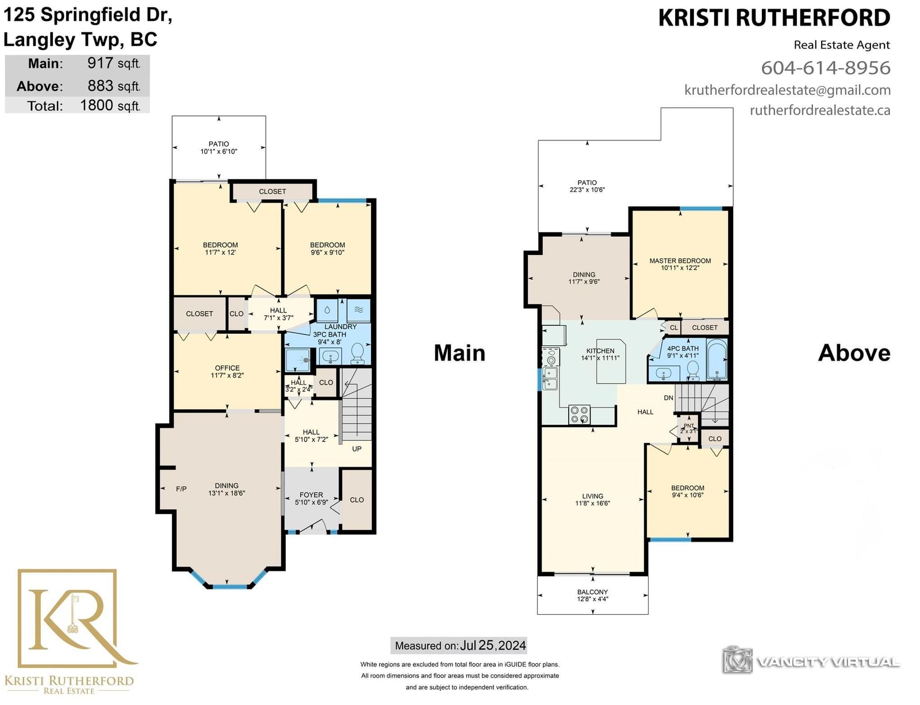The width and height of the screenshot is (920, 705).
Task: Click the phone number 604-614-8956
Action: pyautogui.click(x=826, y=68)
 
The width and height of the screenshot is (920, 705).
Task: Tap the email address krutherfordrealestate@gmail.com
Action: pyautogui.click(x=788, y=90)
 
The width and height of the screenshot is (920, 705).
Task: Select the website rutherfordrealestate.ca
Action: pyautogui.click(x=820, y=110)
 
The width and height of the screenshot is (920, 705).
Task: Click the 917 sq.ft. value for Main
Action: pyautogui.click(x=113, y=63)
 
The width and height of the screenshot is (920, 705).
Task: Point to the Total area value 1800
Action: pyautogui.click(x=97, y=105)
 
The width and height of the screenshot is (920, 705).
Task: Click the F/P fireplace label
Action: pyautogui.click(x=181, y=489)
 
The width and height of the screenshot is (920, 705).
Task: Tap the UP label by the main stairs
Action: pyautogui.click(x=357, y=449)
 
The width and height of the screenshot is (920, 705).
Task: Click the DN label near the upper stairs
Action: pyautogui.click(x=669, y=398)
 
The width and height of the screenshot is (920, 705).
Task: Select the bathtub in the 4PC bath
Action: pyautogui.click(x=717, y=359)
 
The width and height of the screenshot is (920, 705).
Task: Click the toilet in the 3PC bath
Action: pyautogui.click(x=358, y=353)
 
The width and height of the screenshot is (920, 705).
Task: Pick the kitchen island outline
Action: pyautogui.click(x=611, y=361)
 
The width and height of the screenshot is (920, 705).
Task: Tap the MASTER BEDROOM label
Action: pyautogui.click(x=680, y=261)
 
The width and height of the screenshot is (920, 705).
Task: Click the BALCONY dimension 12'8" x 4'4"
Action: pyautogui.click(x=592, y=599)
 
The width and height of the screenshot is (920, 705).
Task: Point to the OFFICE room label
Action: pyautogui.click(x=227, y=368)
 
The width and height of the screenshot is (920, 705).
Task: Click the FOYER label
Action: pyautogui.click(x=311, y=495)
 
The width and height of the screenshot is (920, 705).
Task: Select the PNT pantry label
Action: pyautogui.click(x=689, y=426)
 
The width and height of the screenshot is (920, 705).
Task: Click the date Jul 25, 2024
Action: pyautogui.click(x=493, y=645)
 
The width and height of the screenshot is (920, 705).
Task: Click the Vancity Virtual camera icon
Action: pyautogui.click(x=738, y=660)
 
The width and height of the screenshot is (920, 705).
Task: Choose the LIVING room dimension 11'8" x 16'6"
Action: pyautogui.click(x=592, y=504)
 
